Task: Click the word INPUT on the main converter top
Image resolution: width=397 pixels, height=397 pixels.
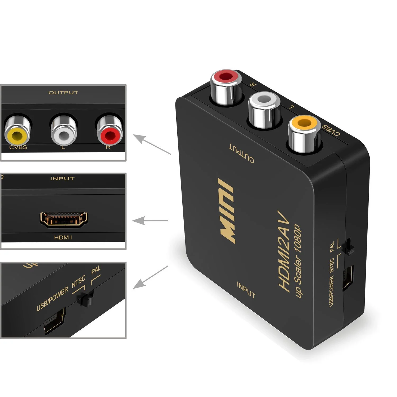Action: click(246, 290)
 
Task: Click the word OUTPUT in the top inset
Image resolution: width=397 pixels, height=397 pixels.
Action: click(63, 93)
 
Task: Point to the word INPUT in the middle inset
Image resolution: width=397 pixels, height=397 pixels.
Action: click(62, 178)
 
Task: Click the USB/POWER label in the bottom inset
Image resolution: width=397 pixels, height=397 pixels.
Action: click(52, 299)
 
